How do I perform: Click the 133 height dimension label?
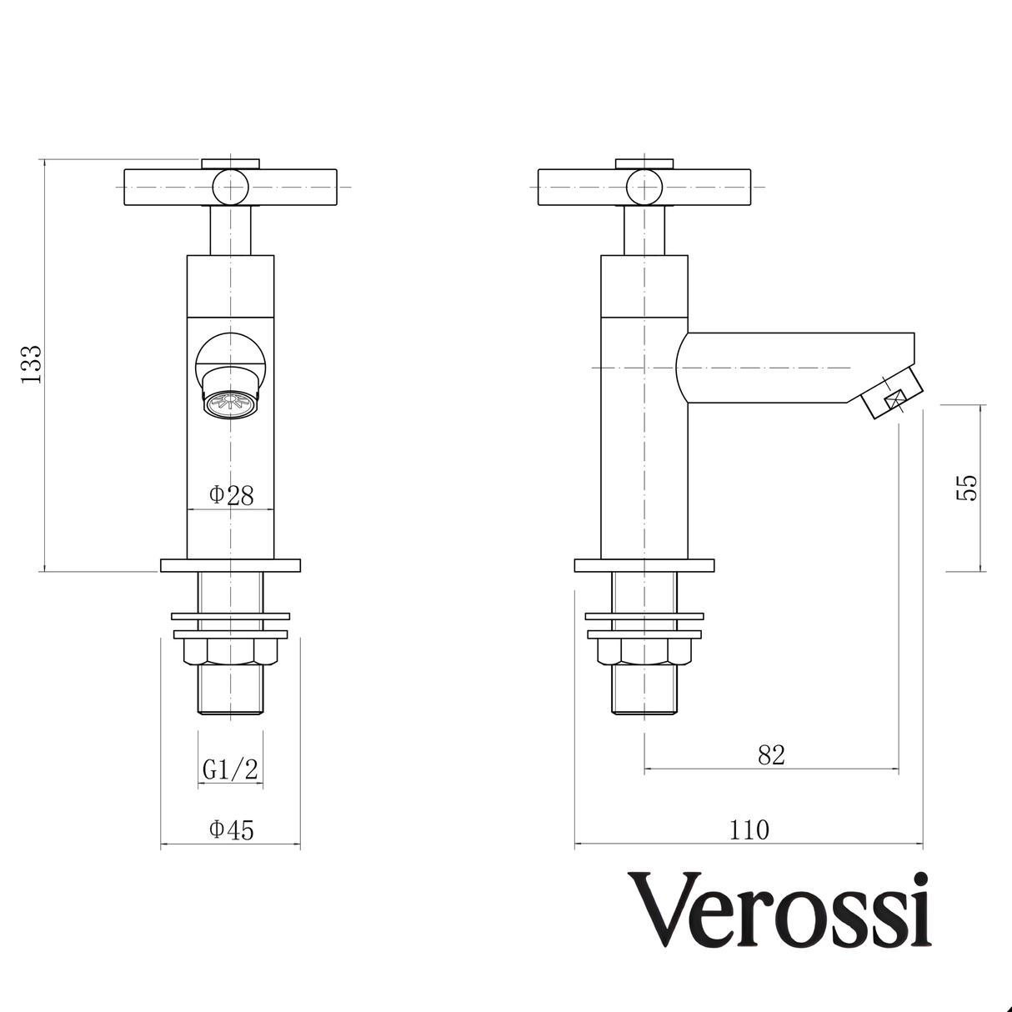coord(31,363)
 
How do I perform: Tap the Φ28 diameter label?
coord(231,495)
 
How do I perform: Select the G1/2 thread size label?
coord(230,770)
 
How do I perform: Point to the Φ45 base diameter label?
coord(231,830)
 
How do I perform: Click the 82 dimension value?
coord(771,755)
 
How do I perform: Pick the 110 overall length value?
coord(749,830)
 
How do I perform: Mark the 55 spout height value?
coord(966,488)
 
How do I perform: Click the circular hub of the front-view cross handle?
coord(230,186)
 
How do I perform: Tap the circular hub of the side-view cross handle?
coord(644,186)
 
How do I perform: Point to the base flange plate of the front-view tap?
coord(230,565)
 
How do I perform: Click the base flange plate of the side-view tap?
coord(644,565)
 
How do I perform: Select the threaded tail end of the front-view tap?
coord(230,690)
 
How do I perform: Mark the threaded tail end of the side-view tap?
coord(644,690)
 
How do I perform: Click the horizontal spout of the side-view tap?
coord(792,367)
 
